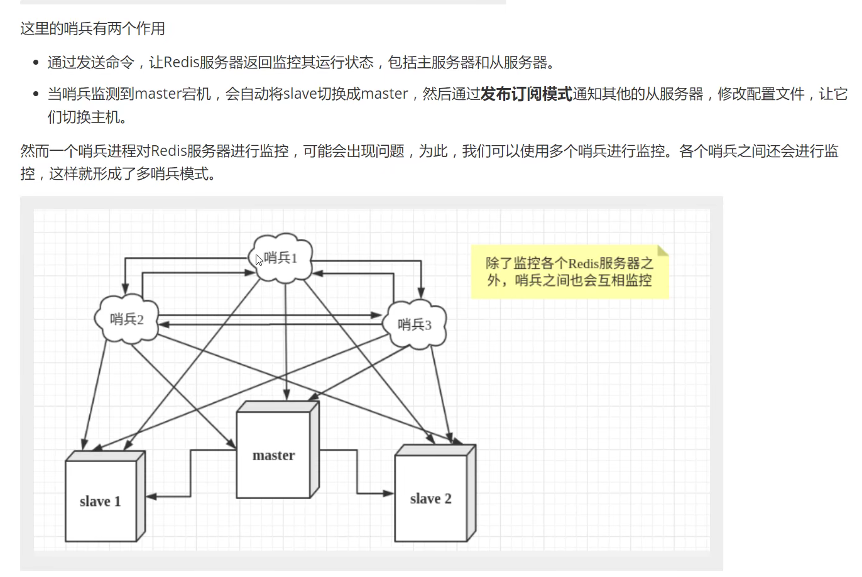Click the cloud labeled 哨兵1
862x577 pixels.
(282, 258)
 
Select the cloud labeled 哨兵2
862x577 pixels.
(127, 319)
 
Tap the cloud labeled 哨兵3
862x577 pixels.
(415, 324)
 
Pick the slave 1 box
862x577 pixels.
(101, 500)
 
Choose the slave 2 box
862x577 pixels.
(431, 498)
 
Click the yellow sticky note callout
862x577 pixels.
(569, 272)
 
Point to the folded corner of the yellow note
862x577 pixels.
(663, 250)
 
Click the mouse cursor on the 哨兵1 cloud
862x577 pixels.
(259, 260)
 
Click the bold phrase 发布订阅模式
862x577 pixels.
(526, 94)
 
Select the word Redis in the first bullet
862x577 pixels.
(182, 62)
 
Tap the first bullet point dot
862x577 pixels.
(36, 63)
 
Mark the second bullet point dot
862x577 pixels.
(36, 94)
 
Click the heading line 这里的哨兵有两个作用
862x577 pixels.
(93, 28)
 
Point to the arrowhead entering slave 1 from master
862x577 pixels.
(150, 497)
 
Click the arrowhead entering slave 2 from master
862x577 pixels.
(390, 493)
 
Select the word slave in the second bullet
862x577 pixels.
(300, 94)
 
